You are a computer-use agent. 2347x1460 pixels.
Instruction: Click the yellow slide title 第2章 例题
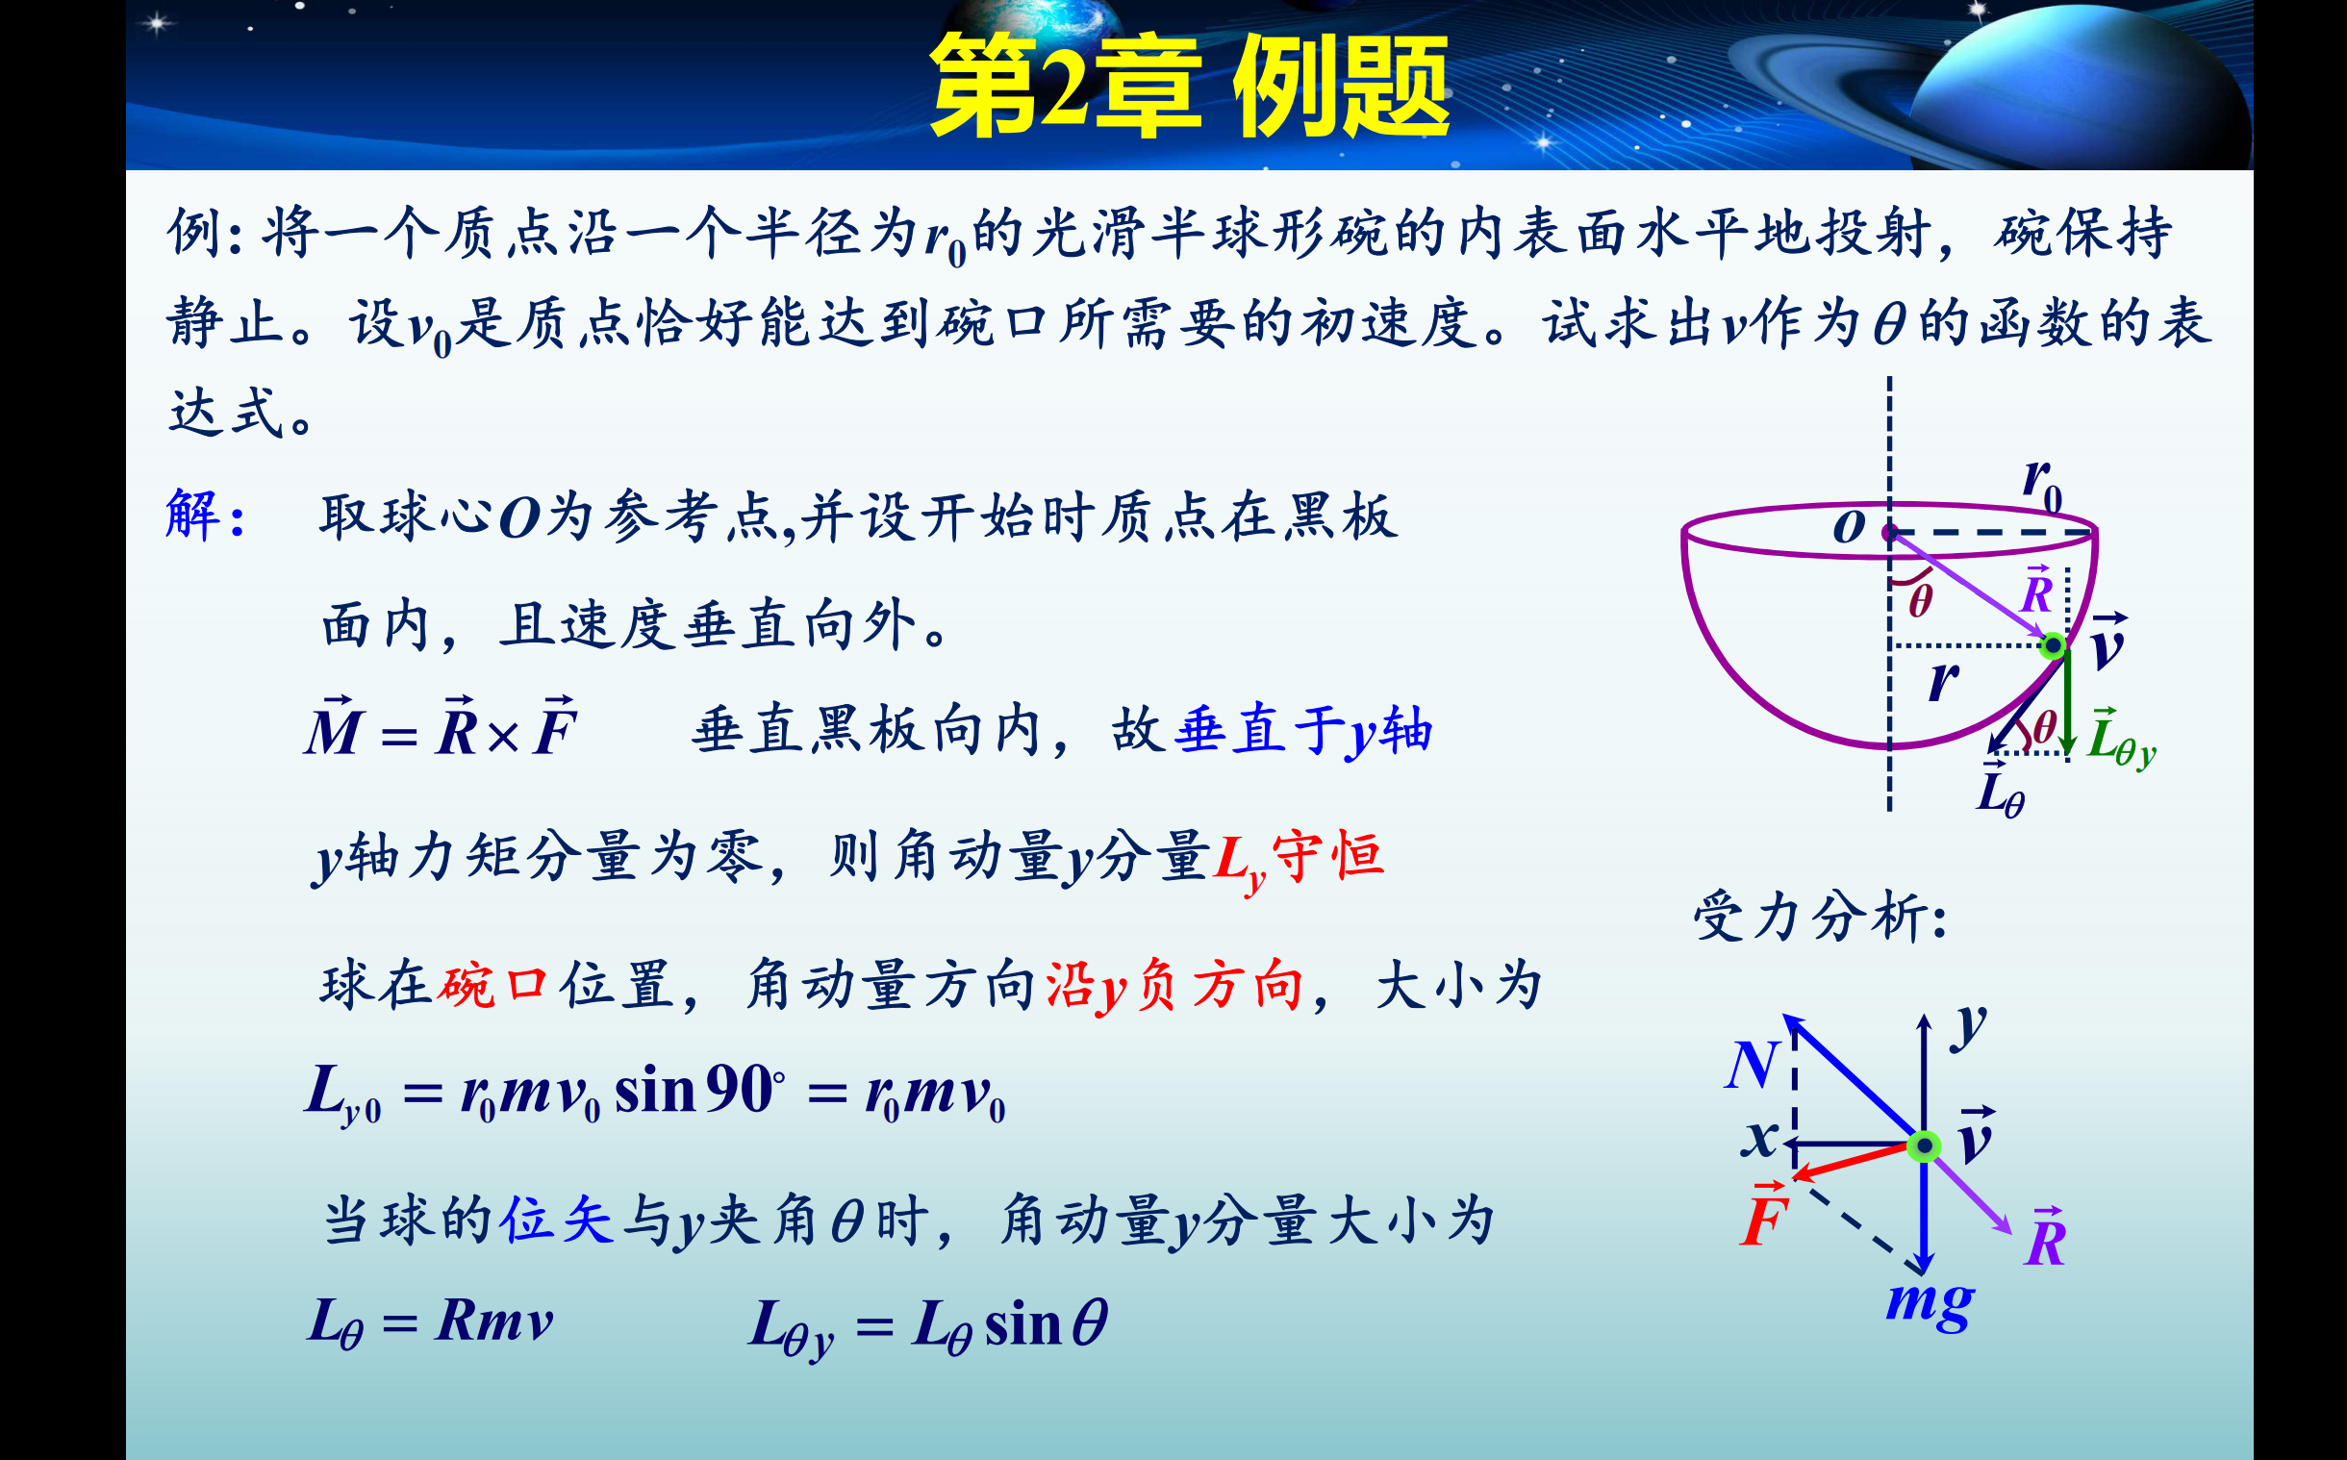(x=1190, y=85)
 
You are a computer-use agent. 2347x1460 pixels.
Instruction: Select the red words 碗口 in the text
(x=493, y=986)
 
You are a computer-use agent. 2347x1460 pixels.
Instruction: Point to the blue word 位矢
(x=557, y=1219)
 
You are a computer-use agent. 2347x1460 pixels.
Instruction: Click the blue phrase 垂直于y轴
(x=1303, y=731)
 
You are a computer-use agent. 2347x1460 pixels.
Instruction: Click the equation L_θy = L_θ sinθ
(x=929, y=1325)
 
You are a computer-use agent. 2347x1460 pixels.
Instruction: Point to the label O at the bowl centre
(x=1849, y=527)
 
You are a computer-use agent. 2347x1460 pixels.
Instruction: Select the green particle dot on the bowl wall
(x=2054, y=645)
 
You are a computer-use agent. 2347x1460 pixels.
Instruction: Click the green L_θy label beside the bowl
(x=2121, y=739)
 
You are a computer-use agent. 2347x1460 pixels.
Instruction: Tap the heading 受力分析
(x=1820, y=917)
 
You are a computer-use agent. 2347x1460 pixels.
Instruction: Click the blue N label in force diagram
(x=1752, y=1066)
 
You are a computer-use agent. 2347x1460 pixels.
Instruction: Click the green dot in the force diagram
(x=1924, y=1146)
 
